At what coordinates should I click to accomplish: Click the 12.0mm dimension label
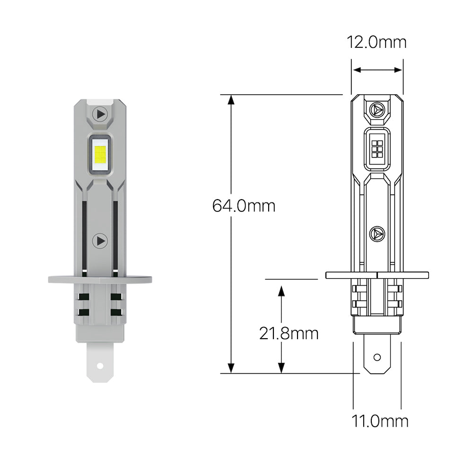click(377, 42)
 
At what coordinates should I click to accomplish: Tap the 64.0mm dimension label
click(244, 206)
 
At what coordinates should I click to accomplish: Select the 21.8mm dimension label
click(289, 333)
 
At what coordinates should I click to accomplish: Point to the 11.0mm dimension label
click(379, 420)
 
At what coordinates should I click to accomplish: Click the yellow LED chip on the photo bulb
click(100, 155)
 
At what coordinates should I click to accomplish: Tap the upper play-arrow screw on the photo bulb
click(100, 114)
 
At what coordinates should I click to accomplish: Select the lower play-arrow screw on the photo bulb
click(100, 240)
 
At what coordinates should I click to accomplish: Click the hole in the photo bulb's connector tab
click(100, 366)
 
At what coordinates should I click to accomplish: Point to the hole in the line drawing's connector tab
click(377, 357)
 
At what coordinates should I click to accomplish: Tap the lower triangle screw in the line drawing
click(377, 233)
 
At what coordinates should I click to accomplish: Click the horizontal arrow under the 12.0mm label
click(377, 70)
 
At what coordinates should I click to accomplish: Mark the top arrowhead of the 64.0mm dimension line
click(231, 99)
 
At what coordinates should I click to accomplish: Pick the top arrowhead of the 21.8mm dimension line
click(281, 289)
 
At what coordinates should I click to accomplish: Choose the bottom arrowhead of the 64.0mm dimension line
click(231, 368)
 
